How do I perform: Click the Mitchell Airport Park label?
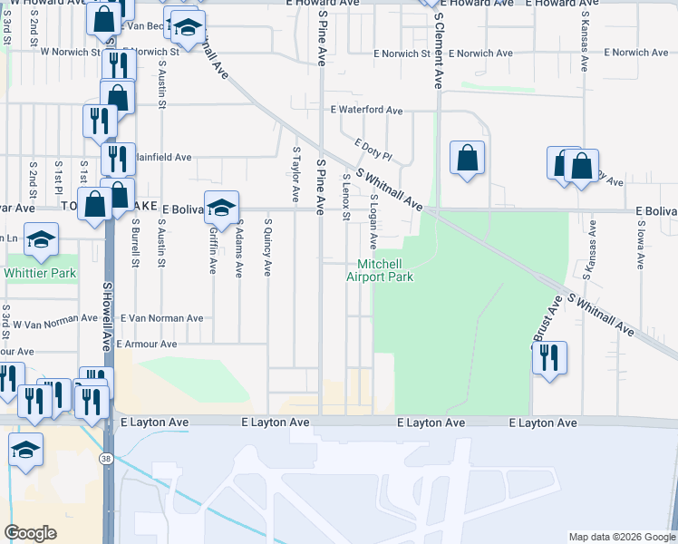[380, 270]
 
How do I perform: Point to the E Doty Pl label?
[373, 150]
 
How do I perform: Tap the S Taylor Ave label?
[295, 174]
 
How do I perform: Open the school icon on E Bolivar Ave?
[221, 209]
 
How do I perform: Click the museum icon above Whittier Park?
[40, 240]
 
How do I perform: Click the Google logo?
[30, 533]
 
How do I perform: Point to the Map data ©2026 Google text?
[621, 537]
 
